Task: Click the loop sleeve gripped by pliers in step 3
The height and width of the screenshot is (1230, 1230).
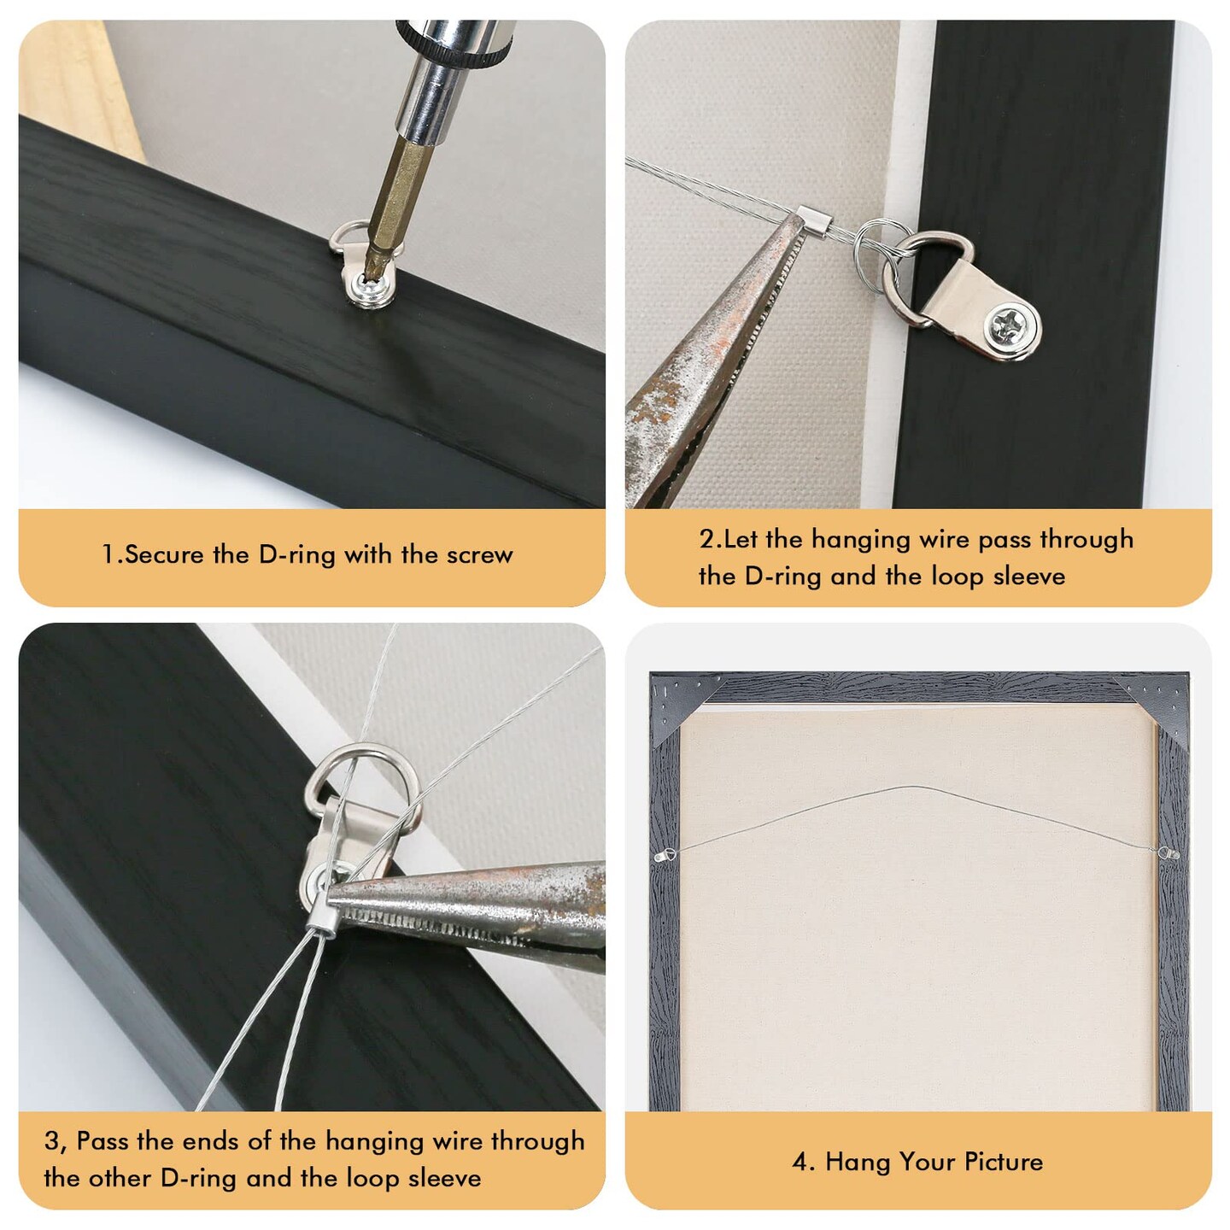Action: point(322,914)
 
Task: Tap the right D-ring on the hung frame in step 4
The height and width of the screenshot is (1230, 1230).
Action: point(1168,852)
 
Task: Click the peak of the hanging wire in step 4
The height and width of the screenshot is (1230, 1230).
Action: point(916,787)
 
